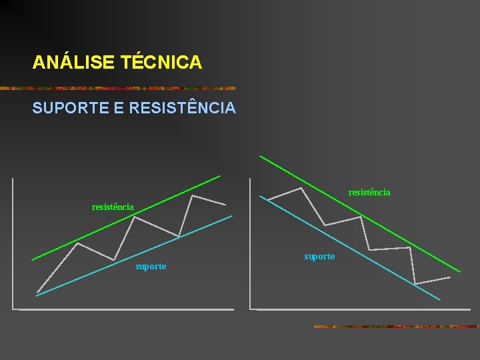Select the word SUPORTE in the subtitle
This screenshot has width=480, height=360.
(70, 107)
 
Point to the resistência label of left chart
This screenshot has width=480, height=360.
(113, 207)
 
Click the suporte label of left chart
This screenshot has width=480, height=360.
(151, 267)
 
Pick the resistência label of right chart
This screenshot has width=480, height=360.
(369, 193)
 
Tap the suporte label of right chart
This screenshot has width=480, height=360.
(319, 257)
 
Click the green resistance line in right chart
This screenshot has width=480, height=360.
(360, 213)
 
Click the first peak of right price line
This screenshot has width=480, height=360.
(301, 188)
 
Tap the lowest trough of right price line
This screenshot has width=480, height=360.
(415, 284)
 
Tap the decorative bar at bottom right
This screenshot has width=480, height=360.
(397, 327)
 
